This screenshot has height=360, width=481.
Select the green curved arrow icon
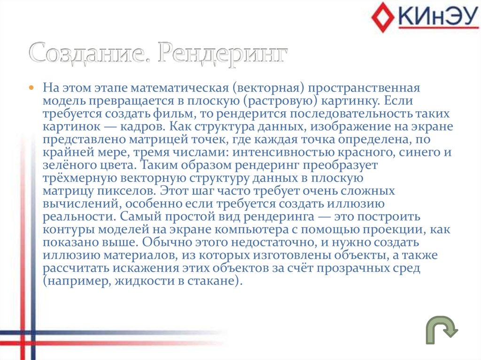coord(442,329)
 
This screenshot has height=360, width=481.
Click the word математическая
coord(180,88)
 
